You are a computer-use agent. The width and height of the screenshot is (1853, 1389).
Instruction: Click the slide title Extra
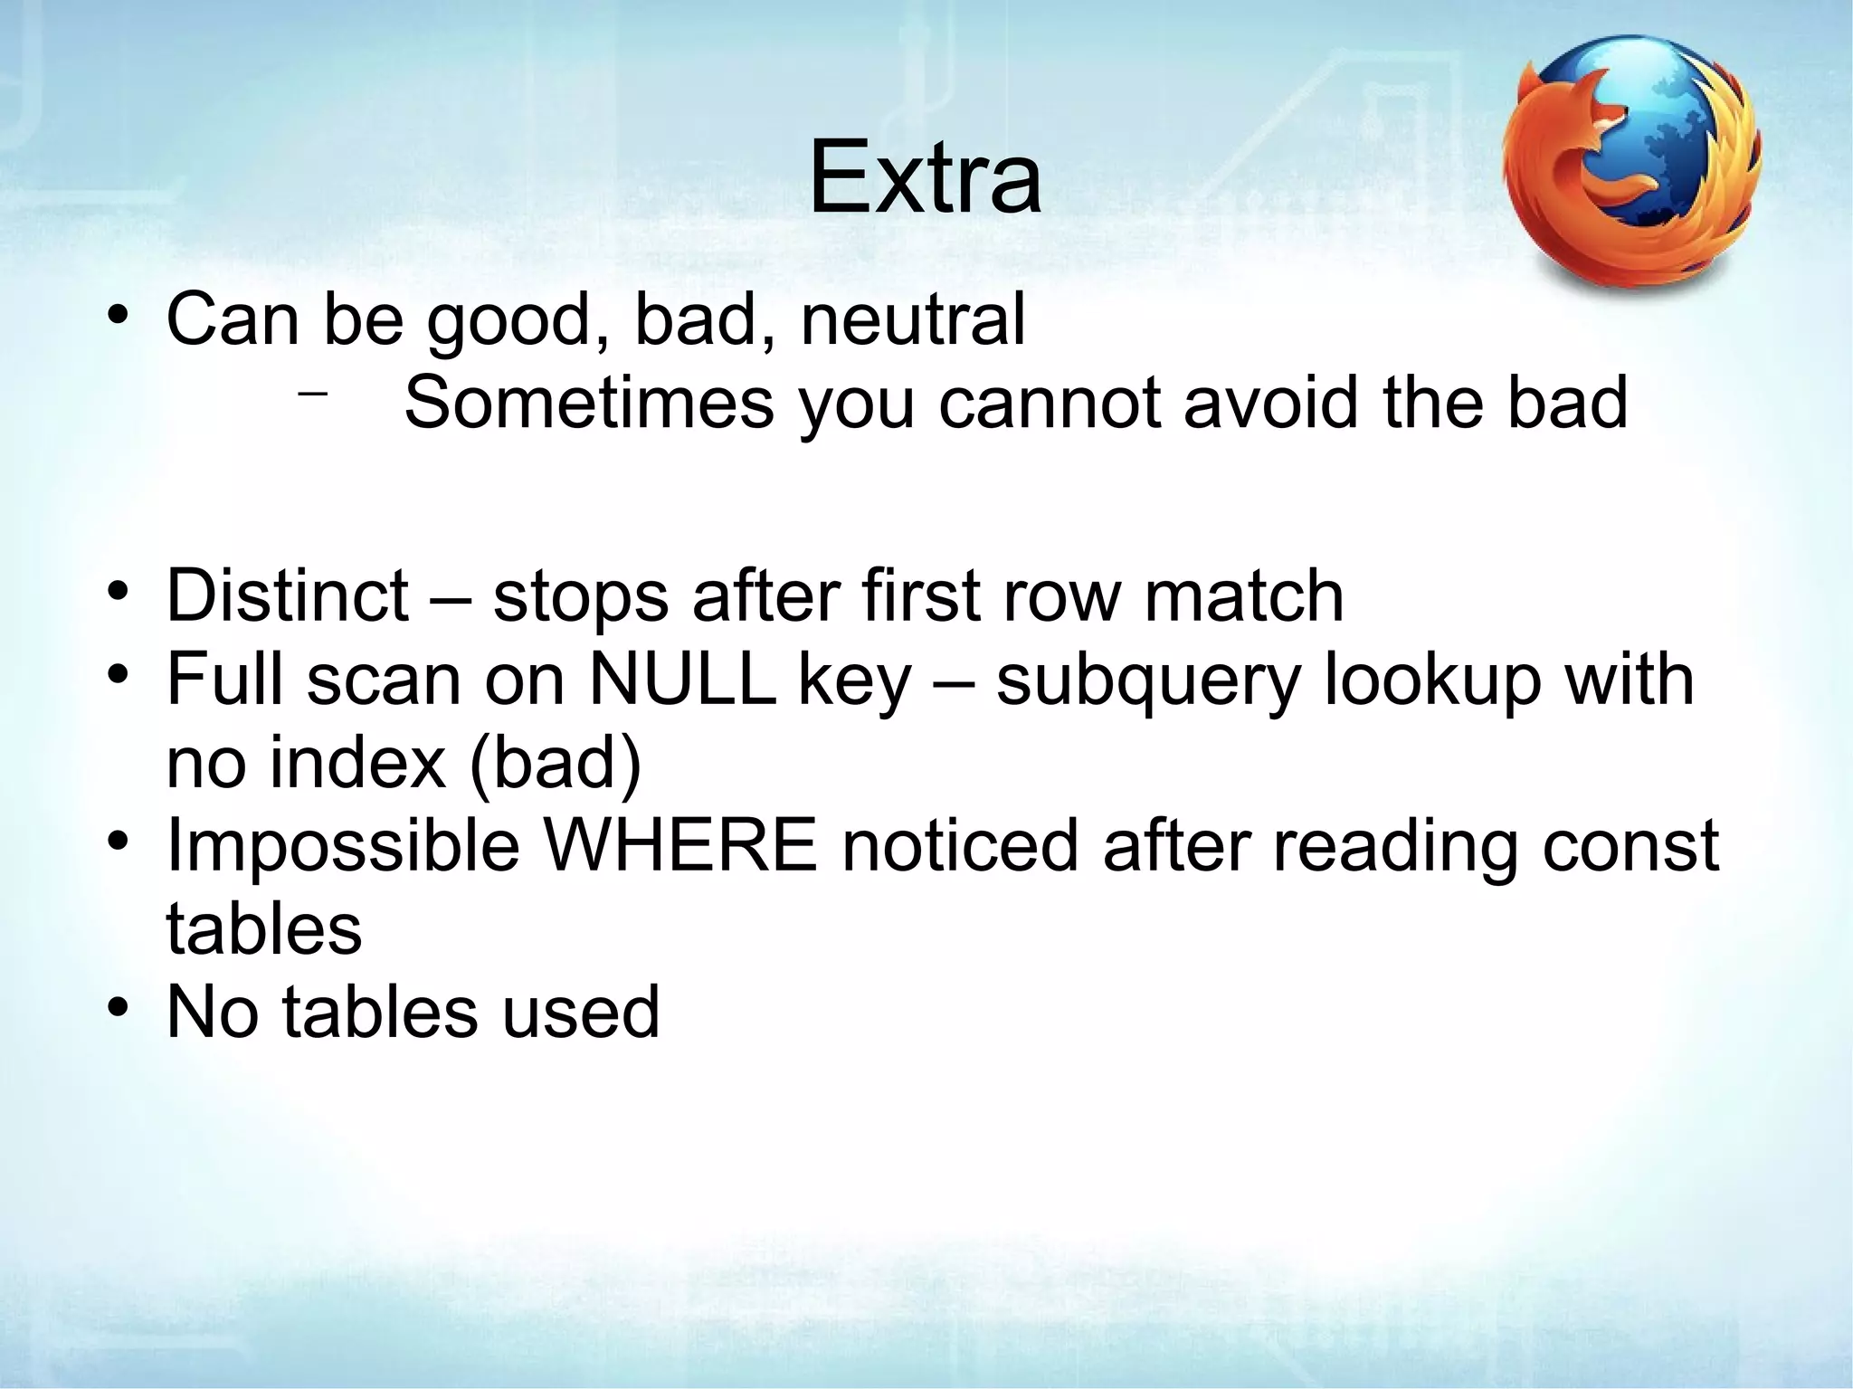[x=925, y=178]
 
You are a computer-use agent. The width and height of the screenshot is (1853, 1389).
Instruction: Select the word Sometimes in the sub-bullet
[x=589, y=402]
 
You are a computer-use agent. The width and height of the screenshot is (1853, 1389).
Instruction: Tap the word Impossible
[x=344, y=845]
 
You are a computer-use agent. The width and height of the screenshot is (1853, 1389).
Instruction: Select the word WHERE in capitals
[x=681, y=845]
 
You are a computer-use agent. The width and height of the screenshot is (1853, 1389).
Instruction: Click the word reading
[x=1394, y=847]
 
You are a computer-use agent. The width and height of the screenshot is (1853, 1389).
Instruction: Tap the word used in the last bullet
[x=580, y=1012]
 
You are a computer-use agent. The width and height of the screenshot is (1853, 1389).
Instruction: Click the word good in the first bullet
[x=518, y=320]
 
